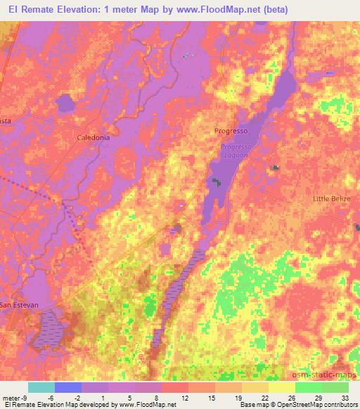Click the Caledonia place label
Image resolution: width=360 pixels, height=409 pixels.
point(93,138)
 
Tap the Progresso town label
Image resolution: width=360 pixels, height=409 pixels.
point(231,131)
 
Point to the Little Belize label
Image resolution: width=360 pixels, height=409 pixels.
point(331,199)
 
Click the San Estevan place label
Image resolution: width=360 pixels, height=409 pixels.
point(19,305)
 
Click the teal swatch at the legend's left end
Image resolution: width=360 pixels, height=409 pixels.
point(41,387)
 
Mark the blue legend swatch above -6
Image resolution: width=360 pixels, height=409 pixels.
point(68,387)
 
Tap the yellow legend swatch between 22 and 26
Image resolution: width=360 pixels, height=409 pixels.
point(281,387)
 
